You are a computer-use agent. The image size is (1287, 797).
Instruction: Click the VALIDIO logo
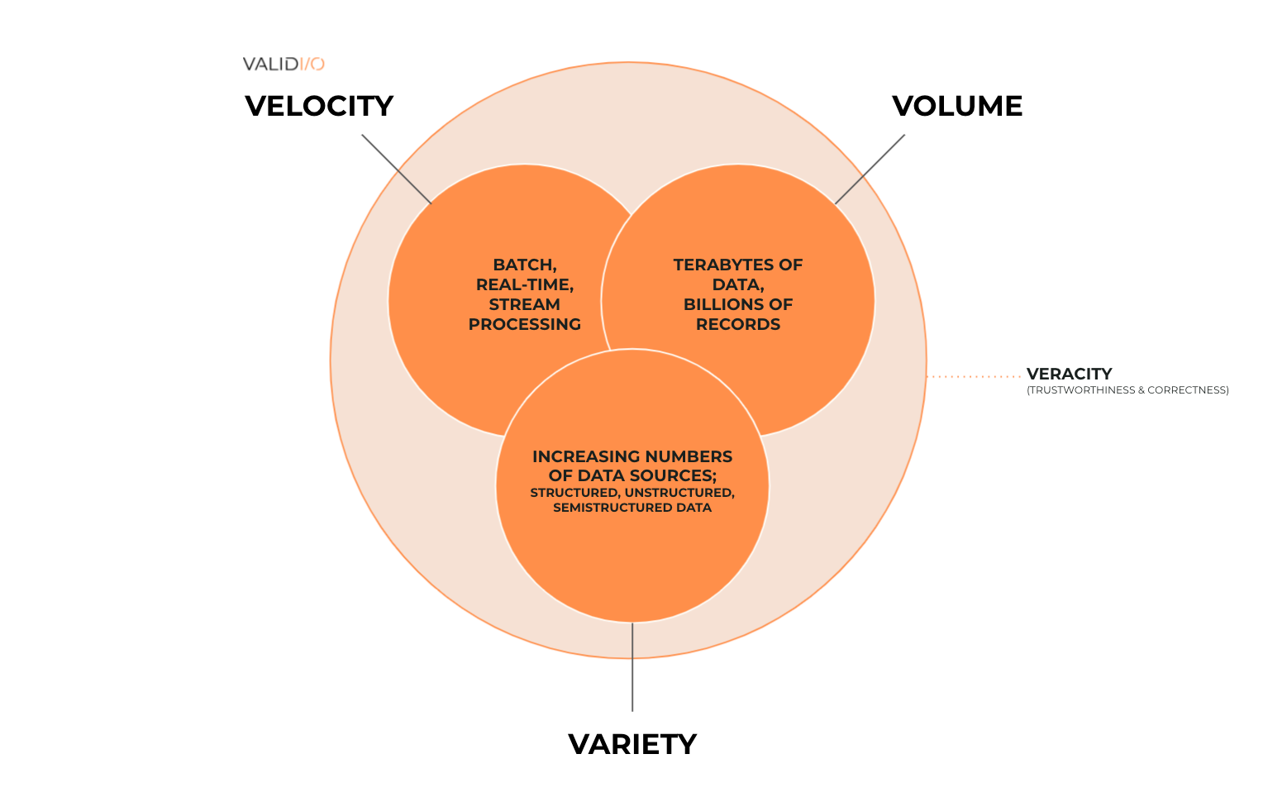click(x=284, y=64)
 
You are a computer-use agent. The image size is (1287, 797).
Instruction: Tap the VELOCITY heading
click(x=319, y=107)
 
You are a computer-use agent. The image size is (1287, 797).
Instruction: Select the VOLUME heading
click(x=957, y=107)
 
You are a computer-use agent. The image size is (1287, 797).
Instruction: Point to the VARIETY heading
click(x=632, y=744)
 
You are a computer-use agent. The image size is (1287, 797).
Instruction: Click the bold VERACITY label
click(x=1069, y=374)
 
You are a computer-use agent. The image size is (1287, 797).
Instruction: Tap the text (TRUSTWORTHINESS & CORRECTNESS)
click(x=1127, y=390)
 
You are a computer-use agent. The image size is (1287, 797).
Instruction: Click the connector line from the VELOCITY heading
click(x=397, y=169)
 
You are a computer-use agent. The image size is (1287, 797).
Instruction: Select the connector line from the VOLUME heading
click(x=870, y=169)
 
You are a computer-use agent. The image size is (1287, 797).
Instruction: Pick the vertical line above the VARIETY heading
click(x=632, y=666)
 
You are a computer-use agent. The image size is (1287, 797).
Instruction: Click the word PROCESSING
click(x=524, y=324)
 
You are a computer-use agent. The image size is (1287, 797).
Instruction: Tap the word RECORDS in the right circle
click(x=738, y=324)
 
